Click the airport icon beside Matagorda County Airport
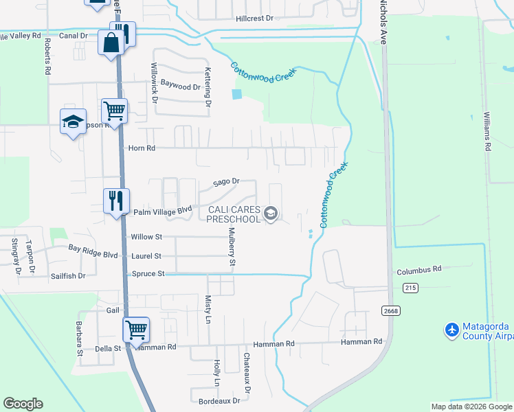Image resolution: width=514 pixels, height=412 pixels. [452, 330]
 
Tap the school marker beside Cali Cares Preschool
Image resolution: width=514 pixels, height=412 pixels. [271, 214]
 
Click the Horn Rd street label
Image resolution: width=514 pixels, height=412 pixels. [142, 148]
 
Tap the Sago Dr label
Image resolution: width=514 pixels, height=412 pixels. [225, 182]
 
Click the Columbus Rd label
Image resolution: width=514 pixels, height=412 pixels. [418, 271]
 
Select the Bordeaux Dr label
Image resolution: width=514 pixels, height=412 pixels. [219, 400]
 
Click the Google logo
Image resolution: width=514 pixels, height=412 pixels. [23, 404]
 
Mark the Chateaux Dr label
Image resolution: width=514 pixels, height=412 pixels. [247, 369]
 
